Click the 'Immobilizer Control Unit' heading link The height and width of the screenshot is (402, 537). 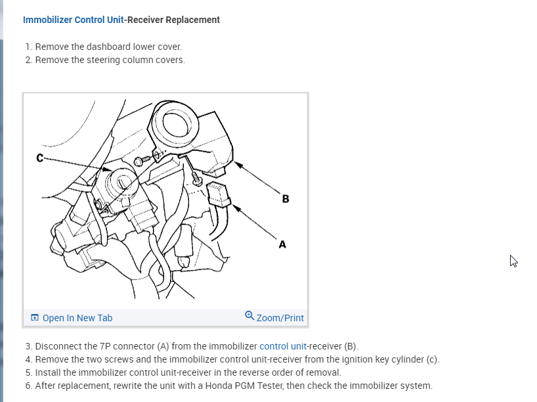73,20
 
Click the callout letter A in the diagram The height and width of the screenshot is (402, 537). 282,244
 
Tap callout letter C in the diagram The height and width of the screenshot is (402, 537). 40,158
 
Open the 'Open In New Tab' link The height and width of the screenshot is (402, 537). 77,318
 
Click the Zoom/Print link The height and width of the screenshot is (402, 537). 280,318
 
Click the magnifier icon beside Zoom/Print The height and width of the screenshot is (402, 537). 249,316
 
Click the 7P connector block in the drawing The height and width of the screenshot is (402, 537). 217,195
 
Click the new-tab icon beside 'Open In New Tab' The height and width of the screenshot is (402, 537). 35,318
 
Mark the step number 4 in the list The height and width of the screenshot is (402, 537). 28,359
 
